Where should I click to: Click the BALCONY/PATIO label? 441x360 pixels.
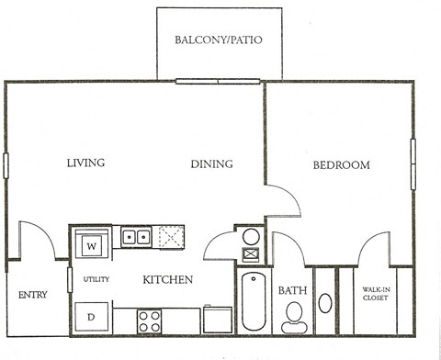pos(217,40)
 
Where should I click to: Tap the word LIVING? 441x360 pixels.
pos(85,163)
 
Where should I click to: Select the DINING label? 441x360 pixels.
pos(211,164)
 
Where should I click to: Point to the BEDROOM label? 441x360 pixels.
pos(341,165)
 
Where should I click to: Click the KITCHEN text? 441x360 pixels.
pos(166,279)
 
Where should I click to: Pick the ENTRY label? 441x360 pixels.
pos(32,295)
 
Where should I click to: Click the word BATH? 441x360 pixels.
pos(292,291)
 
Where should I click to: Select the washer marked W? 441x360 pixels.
pos(92,246)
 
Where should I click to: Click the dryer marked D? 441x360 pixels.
pos(92,317)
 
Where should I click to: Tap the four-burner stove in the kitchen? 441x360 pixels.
pos(150,321)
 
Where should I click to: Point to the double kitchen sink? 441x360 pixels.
pos(138,238)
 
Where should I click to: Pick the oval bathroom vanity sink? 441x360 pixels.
pos(326,302)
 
